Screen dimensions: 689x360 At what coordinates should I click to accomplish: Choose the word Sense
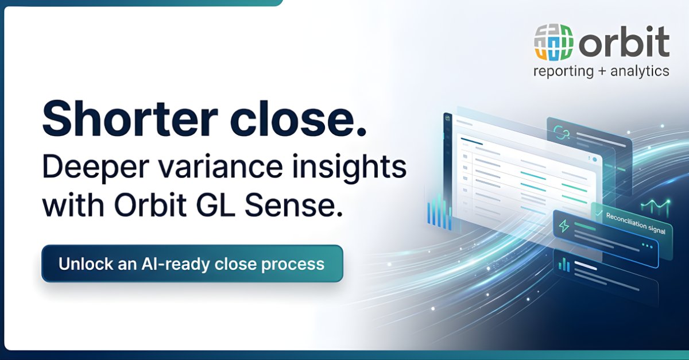[x=294, y=205]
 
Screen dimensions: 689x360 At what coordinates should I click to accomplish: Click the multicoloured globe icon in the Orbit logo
[x=553, y=42]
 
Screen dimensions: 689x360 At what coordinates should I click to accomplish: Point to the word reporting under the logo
[x=563, y=71]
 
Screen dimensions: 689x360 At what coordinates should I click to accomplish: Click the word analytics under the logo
[x=640, y=71]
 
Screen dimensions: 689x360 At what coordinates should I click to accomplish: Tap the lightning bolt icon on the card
[x=564, y=226]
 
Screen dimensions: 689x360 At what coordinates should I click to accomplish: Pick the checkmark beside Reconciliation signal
[x=598, y=213]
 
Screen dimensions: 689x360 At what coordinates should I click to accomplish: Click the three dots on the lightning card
[x=647, y=246]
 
